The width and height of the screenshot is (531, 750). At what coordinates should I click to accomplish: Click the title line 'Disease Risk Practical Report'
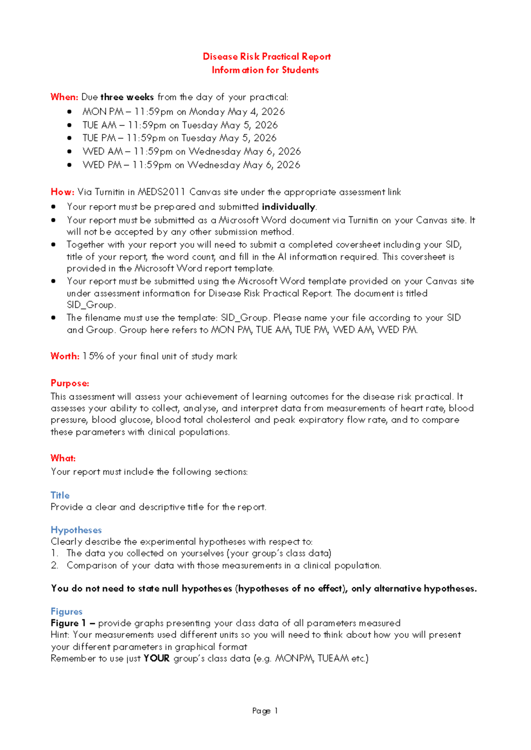point(266,57)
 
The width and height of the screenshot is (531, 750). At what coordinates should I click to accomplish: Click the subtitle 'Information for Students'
point(265,70)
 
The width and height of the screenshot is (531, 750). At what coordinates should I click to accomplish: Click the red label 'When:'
point(64,97)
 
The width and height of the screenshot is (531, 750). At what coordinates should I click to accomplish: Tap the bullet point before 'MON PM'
point(69,112)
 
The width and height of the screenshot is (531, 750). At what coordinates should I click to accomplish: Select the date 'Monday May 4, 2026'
point(237,112)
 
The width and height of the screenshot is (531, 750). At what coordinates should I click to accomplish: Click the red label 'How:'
point(62,192)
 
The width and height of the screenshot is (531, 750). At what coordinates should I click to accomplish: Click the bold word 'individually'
point(289,207)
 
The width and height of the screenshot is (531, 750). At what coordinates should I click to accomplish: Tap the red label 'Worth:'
point(65,356)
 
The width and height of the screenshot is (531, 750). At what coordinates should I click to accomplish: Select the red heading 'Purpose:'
point(70,383)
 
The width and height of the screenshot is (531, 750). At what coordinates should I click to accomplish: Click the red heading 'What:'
point(63,458)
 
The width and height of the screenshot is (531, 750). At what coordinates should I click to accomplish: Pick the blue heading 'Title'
point(60,495)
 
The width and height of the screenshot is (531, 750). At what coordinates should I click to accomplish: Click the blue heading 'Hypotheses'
point(76,530)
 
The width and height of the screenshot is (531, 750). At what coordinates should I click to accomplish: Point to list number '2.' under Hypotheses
point(54,566)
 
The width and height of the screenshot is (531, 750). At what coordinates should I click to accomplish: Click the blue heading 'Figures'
point(66,612)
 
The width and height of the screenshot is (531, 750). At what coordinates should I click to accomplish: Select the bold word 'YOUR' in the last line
point(157,658)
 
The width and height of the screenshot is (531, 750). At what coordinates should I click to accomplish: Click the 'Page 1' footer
point(265,711)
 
